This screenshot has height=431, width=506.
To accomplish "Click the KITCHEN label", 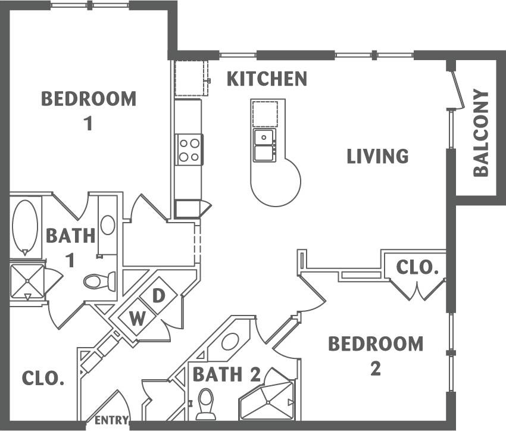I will tap(267, 79).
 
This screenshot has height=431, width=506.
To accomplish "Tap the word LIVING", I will tap(378, 156).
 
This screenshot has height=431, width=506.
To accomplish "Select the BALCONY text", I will tap(481, 133).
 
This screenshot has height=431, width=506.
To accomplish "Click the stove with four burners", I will tap(189, 149).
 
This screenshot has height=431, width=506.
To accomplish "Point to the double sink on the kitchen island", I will tap(263, 145).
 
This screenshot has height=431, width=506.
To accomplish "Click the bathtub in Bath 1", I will tap(24, 227).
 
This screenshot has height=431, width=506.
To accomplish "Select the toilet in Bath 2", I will tap(205, 403).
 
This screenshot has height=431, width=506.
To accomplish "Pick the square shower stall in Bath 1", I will tap(27, 280).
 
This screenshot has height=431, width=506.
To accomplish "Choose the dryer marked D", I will tap(158, 296).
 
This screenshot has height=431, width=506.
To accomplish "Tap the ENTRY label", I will tap(111, 420).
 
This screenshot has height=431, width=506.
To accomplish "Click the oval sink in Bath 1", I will tap(108, 225).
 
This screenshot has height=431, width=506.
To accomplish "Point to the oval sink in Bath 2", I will tap(230, 342).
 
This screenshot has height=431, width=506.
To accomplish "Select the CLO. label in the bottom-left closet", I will tap(43, 378).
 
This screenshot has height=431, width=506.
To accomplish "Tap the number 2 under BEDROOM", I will tap(375, 369).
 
